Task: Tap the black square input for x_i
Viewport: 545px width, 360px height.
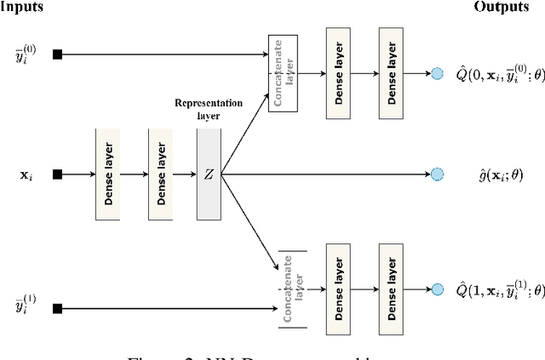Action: [58, 174]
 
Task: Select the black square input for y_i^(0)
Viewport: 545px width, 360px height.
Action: [58, 55]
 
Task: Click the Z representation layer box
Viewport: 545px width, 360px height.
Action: [209, 174]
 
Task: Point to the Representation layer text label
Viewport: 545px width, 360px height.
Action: [208, 108]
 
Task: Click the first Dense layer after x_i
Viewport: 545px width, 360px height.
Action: [108, 174]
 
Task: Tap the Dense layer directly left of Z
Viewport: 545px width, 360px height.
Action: [160, 174]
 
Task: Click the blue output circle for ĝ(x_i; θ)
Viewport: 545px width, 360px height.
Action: [437, 174]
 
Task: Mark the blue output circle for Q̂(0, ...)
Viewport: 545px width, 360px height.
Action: [437, 74]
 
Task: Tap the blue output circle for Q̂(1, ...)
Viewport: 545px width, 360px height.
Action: [437, 289]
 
